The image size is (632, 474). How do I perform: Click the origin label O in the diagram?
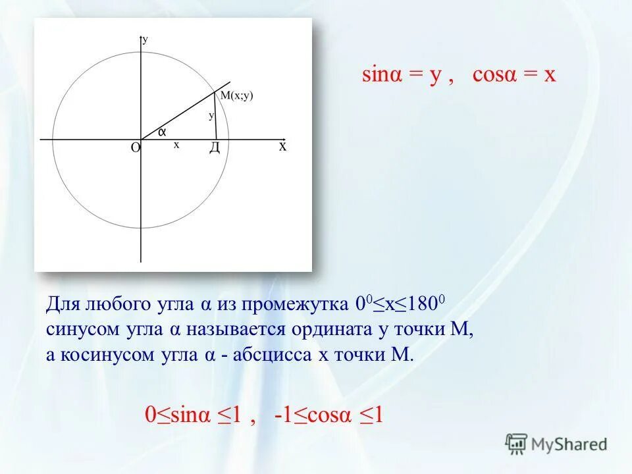point(135,148)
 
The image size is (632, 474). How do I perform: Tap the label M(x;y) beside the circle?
point(236,95)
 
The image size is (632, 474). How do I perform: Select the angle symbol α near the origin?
point(161,132)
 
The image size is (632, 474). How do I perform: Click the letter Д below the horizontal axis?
point(214,148)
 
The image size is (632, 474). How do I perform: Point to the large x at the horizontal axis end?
point(282,146)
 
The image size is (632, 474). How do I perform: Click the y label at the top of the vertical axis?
point(145,39)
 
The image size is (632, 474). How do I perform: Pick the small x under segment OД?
point(176,145)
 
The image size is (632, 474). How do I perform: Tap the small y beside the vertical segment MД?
point(211,115)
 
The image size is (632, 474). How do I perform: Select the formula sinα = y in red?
point(401,74)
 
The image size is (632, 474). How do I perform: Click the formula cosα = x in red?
point(514,74)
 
